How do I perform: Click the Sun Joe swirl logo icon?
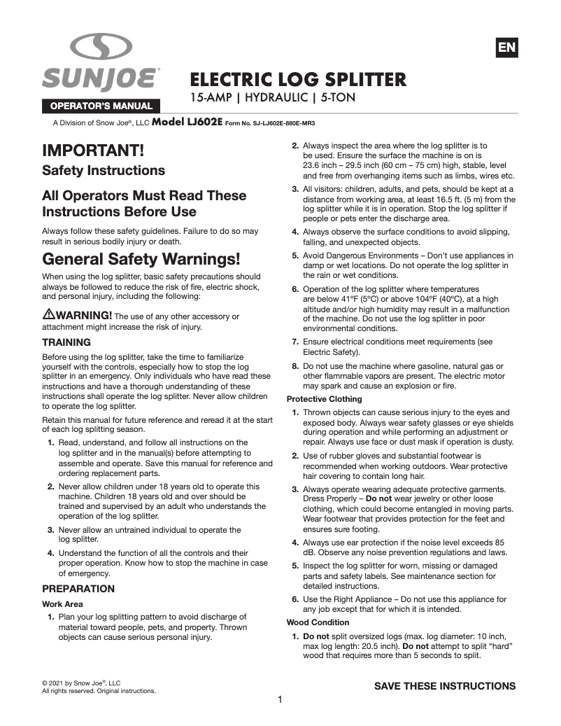pos(101,48)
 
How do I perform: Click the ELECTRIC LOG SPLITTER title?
pos(299,78)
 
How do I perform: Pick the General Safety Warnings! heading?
pos(141,258)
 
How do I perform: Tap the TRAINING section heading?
pos(66,342)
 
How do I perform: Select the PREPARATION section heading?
pos(78,589)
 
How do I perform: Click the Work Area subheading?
pos(62,603)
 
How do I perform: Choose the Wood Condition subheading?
pos(318,622)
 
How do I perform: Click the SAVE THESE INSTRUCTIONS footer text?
pos(445,685)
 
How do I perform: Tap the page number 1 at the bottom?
pos(280,700)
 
